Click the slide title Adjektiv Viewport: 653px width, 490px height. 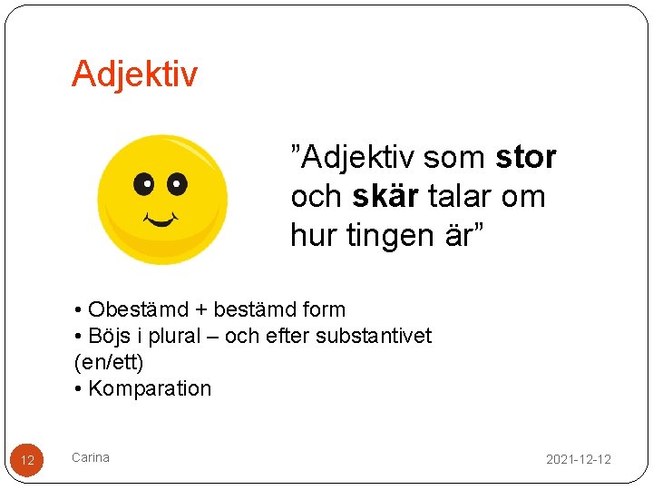(134, 74)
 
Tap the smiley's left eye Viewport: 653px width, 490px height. (143, 184)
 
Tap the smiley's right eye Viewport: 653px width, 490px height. (176, 184)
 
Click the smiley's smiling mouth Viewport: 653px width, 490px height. (159, 220)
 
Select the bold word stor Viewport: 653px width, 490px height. (526, 158)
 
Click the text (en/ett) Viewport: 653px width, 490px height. (108, 362)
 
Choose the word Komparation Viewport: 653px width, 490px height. (150, 388)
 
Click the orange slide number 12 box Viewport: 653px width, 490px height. (27, 460)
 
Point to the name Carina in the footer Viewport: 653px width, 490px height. (91, 457)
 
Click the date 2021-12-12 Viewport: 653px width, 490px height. (578, 459)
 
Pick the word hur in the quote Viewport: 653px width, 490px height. (311, 237)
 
